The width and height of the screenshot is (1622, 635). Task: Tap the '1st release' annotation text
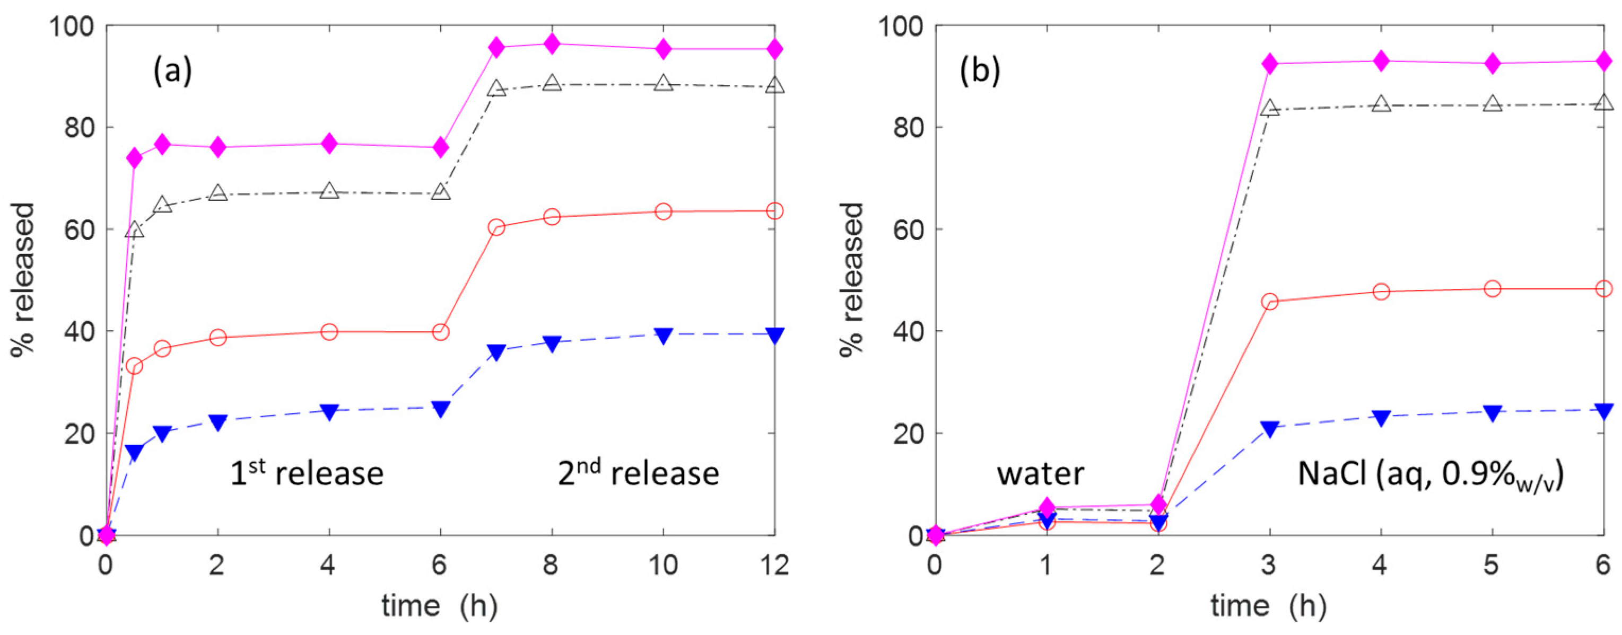click(307, 473)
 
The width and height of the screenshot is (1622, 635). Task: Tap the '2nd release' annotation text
click(638, 473)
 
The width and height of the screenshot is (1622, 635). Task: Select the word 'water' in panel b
click(1040, 473)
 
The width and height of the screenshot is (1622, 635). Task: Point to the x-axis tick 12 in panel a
click(774, 565)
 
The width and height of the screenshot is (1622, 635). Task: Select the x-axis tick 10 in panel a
click(662, 565)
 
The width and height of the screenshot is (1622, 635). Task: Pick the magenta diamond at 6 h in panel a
click(441, 147)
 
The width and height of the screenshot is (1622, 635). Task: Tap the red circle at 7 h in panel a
click(496, 227)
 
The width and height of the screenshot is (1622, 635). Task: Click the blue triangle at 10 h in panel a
click(663, 335)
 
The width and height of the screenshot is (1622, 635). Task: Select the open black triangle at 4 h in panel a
click(329, 191)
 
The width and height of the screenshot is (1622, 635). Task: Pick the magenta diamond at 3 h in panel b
click(1269, 64)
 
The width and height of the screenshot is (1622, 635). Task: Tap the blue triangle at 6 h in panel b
click(1603, 410)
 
